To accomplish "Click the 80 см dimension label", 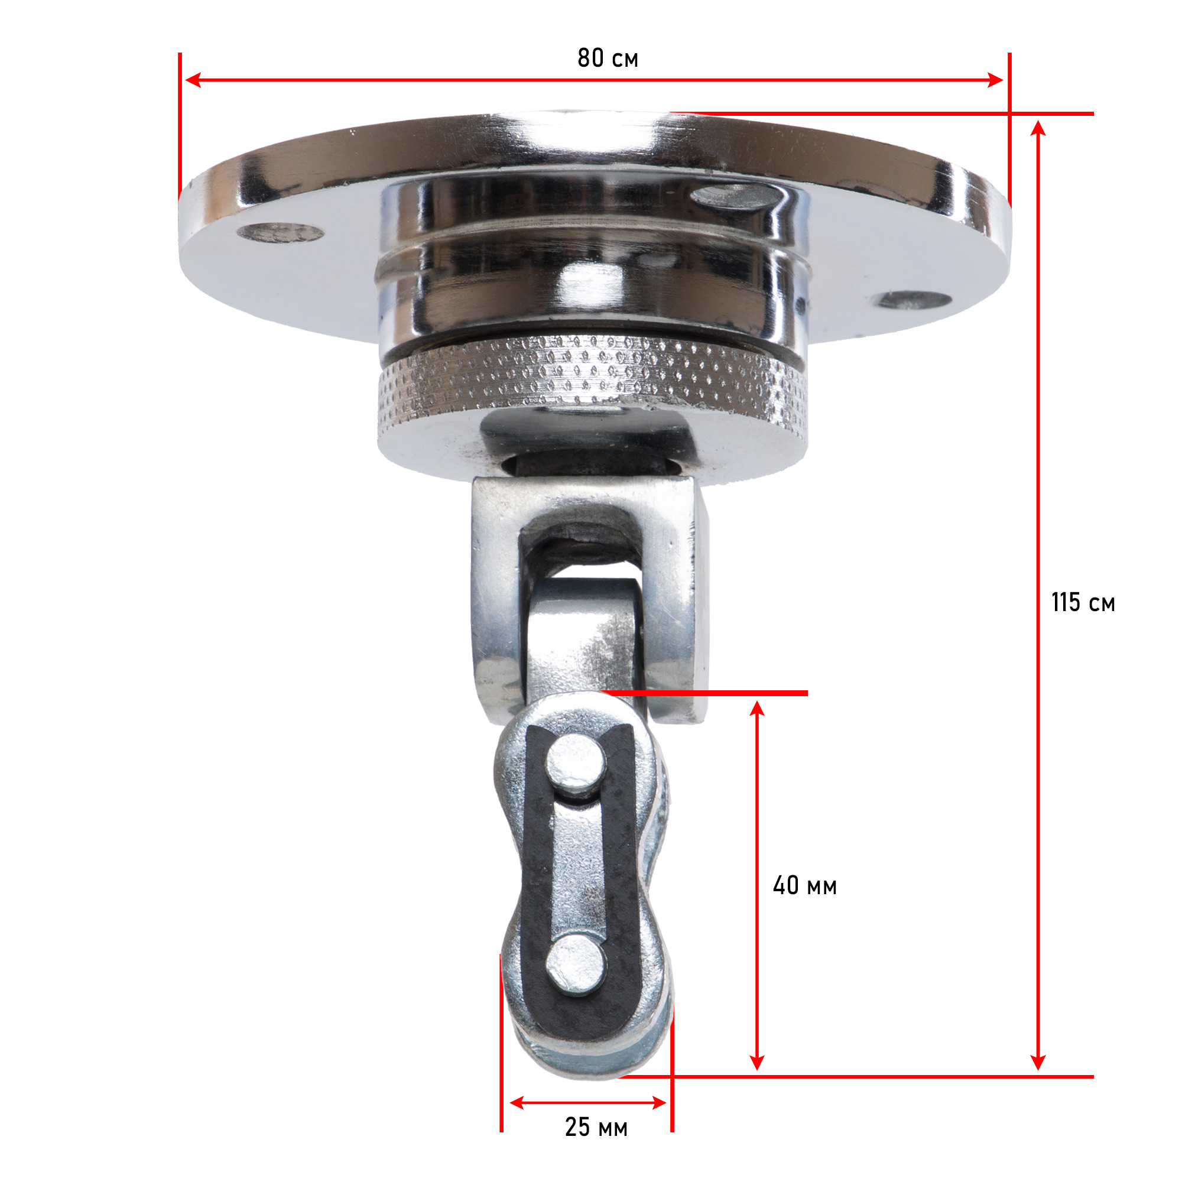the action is click(x=608, y=58).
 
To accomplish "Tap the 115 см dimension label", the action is click(x=1083, y=603).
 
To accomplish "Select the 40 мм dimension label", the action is click(x=804, y=885).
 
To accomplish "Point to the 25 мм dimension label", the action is click(x=596, y=1127).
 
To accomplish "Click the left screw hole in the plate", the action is click(x=280, y=232).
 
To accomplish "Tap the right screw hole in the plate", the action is click(x=911, y=300).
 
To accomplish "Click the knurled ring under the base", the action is click(x=592, y=382).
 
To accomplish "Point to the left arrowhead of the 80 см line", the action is click(x=193, y=80).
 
